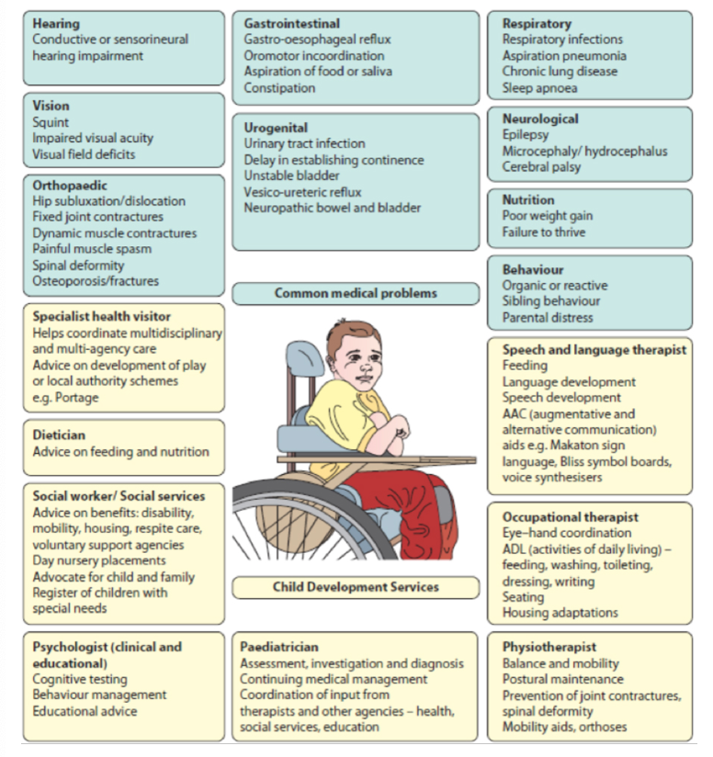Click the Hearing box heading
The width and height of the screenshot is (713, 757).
(56, 23)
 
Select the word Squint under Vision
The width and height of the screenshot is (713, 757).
(51, 122)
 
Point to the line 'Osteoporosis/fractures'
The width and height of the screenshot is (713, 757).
(96, 281)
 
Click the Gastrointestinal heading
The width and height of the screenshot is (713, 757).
(291, 23)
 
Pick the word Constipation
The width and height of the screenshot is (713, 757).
(279, 88)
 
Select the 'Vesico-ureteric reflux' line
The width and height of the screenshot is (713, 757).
(302, 192)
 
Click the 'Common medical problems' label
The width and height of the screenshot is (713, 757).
(356, 294)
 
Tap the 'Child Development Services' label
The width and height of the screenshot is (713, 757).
(356, 587)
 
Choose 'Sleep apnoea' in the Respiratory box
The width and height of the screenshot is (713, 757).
(539, 88)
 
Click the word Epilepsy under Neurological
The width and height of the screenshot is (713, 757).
(526, 135)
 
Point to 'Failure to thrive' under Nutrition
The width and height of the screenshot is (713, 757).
(544, 232)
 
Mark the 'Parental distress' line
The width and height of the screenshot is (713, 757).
(548, 318)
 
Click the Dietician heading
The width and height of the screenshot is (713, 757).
(59, 435)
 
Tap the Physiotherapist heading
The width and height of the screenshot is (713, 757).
(549, 647)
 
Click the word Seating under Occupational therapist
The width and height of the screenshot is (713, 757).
(524, 597)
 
